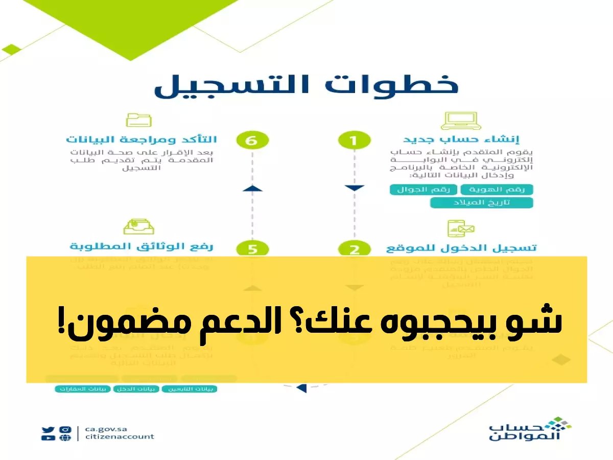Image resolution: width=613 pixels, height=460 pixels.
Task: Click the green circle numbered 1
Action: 353,140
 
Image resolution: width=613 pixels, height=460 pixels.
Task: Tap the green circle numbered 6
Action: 252,140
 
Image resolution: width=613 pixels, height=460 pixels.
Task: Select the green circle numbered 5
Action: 252,249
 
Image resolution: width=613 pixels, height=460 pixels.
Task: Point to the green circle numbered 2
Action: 353,249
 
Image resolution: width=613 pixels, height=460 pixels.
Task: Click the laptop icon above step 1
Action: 461,120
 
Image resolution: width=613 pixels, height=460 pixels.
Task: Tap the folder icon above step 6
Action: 138,120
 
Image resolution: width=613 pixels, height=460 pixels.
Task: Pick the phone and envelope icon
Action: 461,228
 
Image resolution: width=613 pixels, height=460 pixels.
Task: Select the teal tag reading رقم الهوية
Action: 497,190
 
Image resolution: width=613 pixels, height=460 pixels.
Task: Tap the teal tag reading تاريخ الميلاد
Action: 481,203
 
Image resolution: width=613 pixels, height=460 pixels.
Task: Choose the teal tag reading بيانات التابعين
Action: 190,389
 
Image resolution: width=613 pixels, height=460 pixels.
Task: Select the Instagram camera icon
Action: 65,430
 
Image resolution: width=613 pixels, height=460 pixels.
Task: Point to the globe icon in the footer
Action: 65,438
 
